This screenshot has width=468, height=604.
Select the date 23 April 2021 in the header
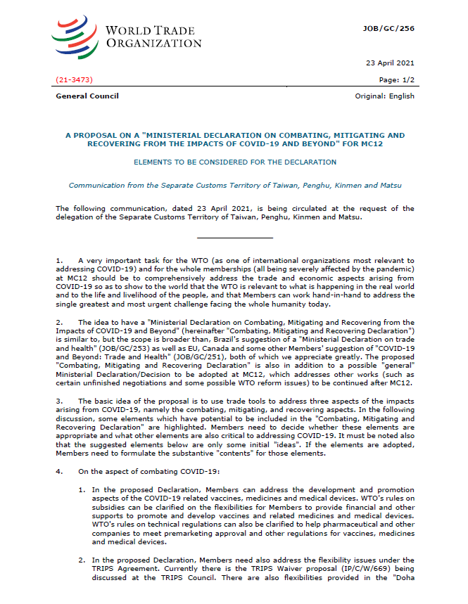click(391, 63)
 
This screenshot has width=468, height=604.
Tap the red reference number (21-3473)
click(74, 80)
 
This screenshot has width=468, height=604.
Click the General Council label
click(87, 96)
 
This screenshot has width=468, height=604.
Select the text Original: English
click(385, 96)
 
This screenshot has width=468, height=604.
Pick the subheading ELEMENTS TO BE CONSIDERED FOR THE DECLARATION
click(235, 162)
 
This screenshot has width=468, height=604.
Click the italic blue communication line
click(235, 186)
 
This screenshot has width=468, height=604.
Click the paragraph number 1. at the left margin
click(59, 261)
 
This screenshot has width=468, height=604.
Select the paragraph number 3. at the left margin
click(59, 399)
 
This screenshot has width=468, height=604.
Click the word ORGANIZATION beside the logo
click(153, 44)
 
